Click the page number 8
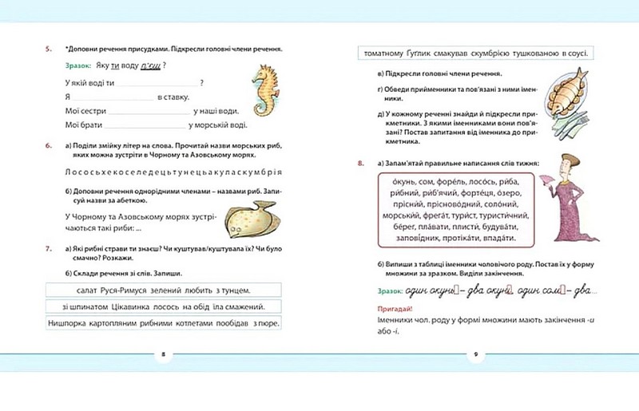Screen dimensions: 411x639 pos(163,353)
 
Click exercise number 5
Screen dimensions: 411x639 pos(48,49)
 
